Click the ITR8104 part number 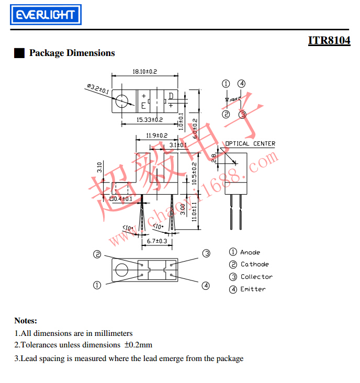pyautogui.click(x=329, y=40)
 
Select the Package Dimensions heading pyautogui.click(x=72, y=53)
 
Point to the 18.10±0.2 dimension pyautogui.click(x=145, y=71)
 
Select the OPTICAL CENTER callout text pyautogui.click(x=250, y=144)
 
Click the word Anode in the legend pyautogui.click(x=250, y=252)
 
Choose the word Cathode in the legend pyautogui.click(x=255, y=265)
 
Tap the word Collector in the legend pyautogui.click(x=256, y=277)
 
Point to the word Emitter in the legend pyautogui.click(x=253, y=289)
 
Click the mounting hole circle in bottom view pyautogui.click(x=122, y=271)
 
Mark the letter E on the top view pyautogui.click(x=143, y=105)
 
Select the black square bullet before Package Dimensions pyautogui.click(x=19, y=53)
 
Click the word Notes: pyautogui.click(x=26, y=321)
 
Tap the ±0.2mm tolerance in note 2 pyautogui.click(x=138, y=345)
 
